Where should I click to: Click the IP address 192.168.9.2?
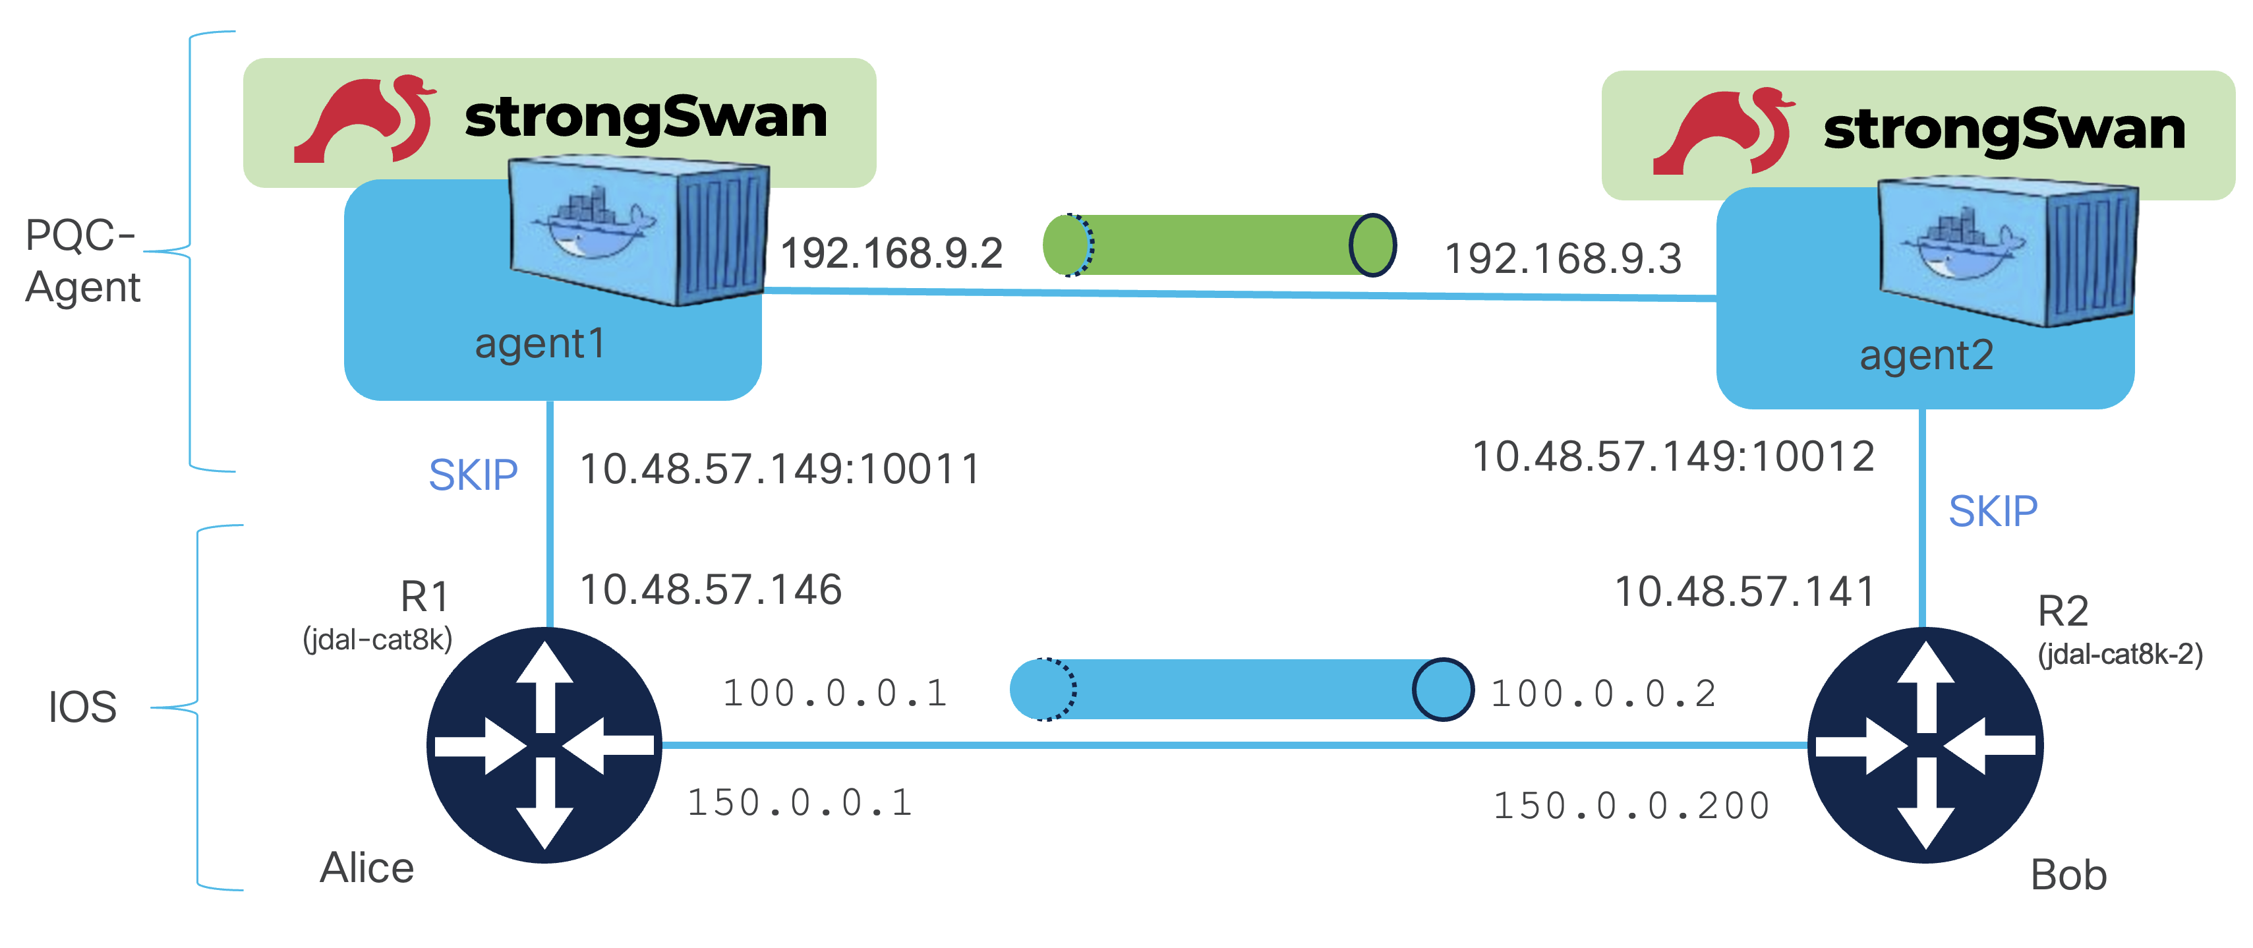pyautogui.click(x=891, y=254)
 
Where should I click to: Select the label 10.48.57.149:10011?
pyautogui.click(x=780, y=469)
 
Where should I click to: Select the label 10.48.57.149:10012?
pyautogui.click(x=1673, y=456)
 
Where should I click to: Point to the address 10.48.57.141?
pyautogui.click(x=1744, y=591)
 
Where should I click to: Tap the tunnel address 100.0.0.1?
pyautogui.click(x=835, y=694)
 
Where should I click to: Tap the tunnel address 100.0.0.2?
pyautogui.click(x=1603, y=694)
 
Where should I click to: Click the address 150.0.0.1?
pyautogui.click(x=800, y=803)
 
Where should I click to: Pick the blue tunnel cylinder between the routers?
pyautogui.click(x=1241, y=689)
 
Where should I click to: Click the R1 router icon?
pyautogui.click(x=544, y=745)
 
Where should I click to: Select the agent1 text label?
pyautogui.click(x=540, y=343)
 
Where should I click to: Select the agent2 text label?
pyautogui.click(x=1926, y=356)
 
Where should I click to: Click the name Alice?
pyautogui.click(x=366, y=868)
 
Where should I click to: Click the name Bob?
pyautogui.click(x=2068, y=875)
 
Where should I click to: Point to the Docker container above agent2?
pyautogui.click(x=2008, y=252)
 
